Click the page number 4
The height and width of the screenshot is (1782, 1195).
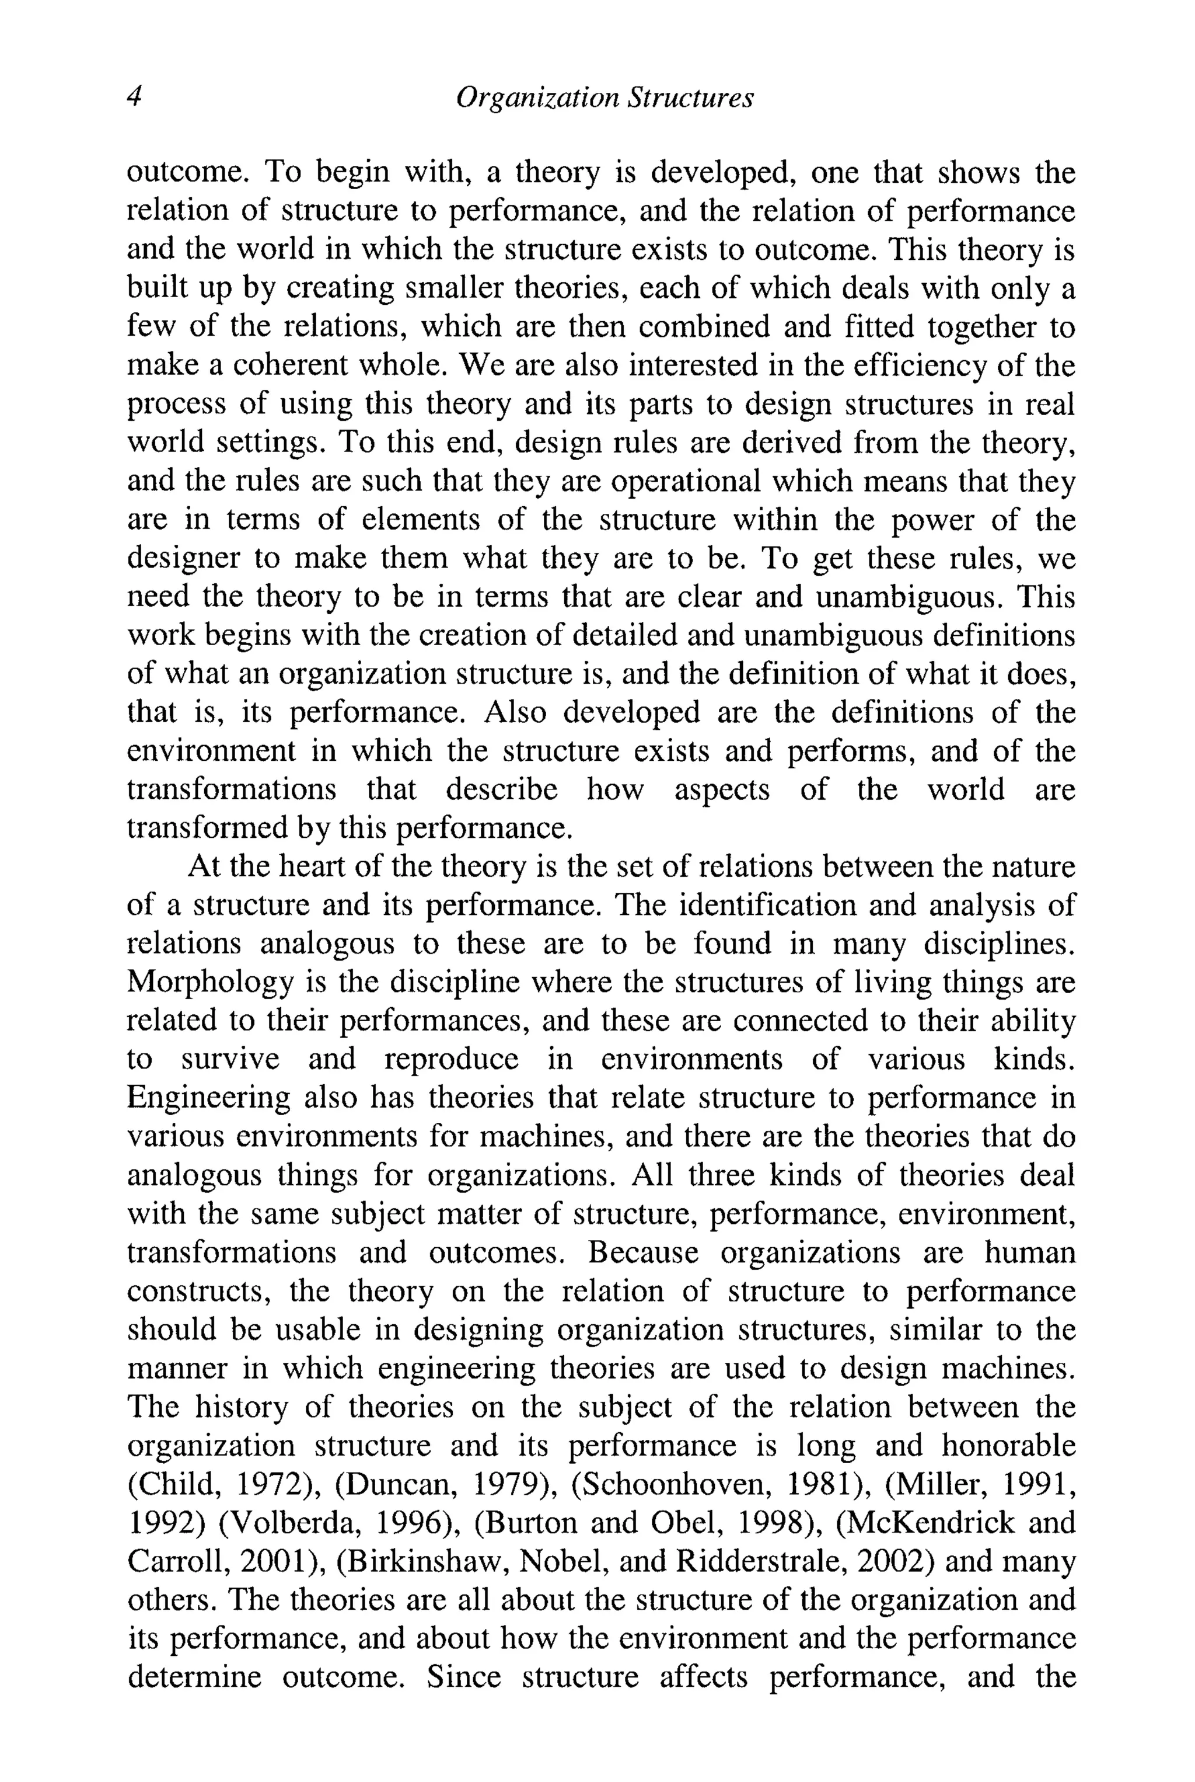pyautogui.click(x=134, y=97)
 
